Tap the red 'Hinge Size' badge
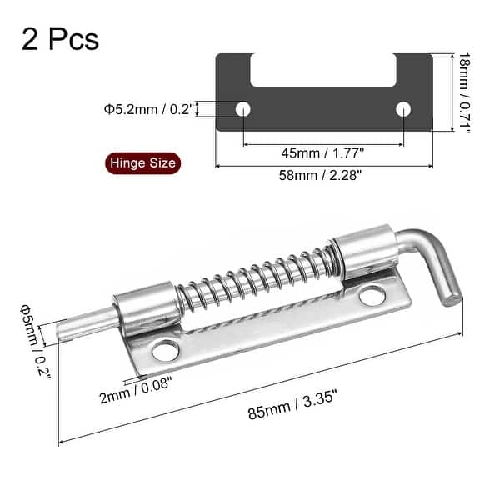(x=140, y=162)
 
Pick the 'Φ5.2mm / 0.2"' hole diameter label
(x=148, y=108)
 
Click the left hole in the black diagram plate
(x=243, y=108)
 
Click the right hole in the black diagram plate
(x=403, y=108)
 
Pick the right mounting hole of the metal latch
(x=372, y=295)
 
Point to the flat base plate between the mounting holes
(x=267, y=329)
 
